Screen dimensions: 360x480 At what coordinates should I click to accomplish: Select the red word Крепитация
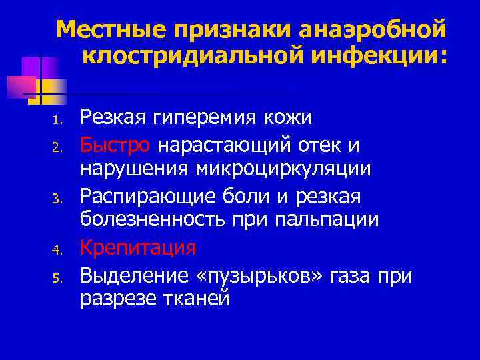pos(139,248)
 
